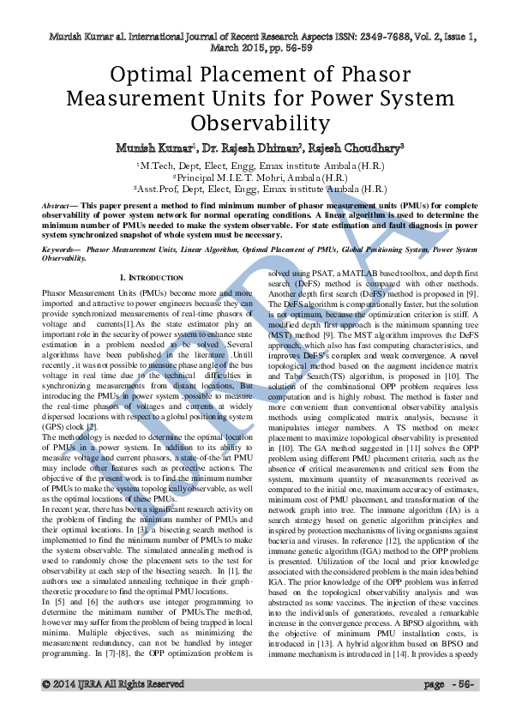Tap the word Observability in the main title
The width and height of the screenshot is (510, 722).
(x=255, y=122)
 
